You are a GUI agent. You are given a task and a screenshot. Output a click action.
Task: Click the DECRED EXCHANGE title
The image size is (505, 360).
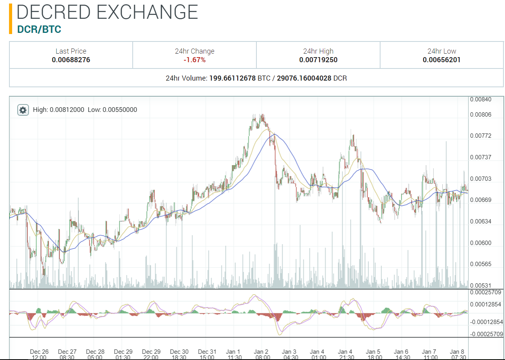click(x=107, y=12)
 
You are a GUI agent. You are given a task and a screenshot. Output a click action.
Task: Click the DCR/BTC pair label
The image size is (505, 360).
click(x=39, y=29)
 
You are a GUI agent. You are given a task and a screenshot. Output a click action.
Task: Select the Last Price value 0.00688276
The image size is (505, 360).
click(x=71, y=60)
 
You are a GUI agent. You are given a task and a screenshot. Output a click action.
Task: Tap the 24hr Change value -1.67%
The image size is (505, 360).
click(x=195, y=60)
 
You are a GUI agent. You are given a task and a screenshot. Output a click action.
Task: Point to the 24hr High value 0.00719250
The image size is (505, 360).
click(x=318, y=60)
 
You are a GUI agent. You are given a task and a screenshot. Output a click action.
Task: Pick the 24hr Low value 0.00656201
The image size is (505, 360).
click(x=442, y=60)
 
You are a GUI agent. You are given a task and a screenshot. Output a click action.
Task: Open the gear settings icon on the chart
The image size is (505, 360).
click(x=23, y=110)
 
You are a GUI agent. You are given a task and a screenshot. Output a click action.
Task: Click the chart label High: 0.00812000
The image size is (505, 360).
click(x=59, y=110)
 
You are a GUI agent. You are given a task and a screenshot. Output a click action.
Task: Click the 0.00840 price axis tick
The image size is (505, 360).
click(x=480, y=99)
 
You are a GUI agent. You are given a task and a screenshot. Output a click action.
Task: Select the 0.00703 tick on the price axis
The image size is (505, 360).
click(x=480, y=179)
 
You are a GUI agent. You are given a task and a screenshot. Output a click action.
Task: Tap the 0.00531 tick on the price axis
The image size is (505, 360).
click(x=480, y=286)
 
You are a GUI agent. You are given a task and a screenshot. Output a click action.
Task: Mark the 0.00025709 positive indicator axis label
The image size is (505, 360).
click(x=485, y=292)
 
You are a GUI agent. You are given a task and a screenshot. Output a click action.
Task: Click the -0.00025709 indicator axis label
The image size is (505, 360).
click(x=485, y=334)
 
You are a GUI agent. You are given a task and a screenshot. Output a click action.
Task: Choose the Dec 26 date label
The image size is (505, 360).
click(x=39, y=352)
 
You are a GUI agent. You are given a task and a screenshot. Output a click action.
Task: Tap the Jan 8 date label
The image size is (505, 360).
click(x=457, y=352)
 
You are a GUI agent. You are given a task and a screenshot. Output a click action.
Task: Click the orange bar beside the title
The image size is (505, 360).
click(x=11, y=18)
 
